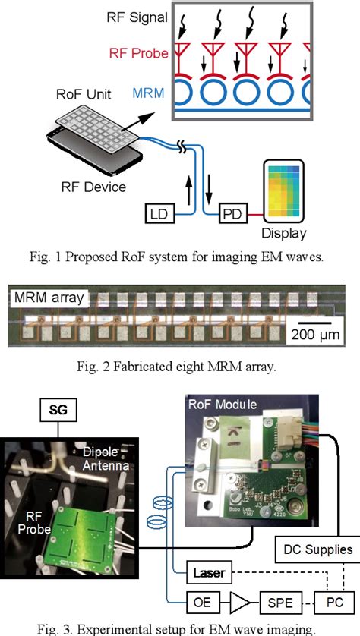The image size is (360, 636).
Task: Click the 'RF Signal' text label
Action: [135, 17]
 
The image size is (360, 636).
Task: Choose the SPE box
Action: [277, 604]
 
